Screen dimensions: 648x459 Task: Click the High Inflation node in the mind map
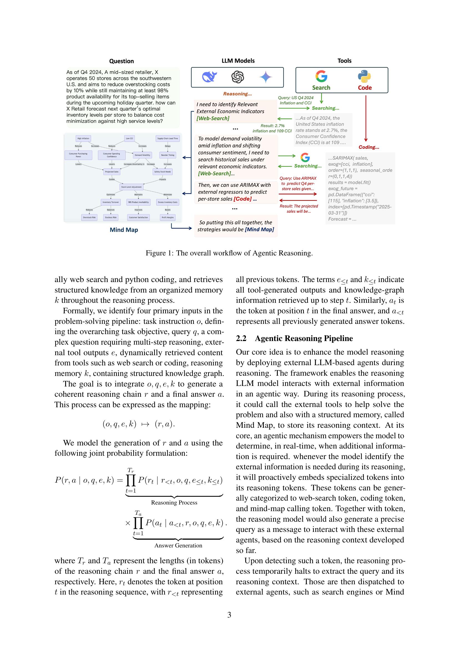pos(83,138)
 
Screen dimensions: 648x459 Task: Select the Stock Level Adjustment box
pos(131,187)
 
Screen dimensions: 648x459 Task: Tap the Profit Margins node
pos(168,217)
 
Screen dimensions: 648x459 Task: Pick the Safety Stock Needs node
pos(162,171)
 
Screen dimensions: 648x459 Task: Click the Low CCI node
pos(129,138)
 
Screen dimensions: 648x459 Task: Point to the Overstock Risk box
pos(89,217)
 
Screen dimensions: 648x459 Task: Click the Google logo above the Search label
pos(321,76)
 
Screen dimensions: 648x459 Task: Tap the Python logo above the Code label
pos(364,76)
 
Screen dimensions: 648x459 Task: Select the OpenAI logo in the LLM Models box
pos(238,77)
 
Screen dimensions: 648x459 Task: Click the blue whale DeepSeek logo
pos(210,77)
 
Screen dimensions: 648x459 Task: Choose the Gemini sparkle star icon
pos(266,77)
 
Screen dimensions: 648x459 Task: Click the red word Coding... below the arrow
pos(369,147)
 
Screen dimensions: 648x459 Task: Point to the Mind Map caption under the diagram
pos(124,230)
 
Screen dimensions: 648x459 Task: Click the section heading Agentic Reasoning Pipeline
pos(304,338)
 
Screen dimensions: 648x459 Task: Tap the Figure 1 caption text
pos(229,253)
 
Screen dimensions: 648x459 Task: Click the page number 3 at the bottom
pos(229,615)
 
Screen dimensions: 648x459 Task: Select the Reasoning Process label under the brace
pos(174,502)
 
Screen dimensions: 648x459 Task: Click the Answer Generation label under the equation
pos(178,545)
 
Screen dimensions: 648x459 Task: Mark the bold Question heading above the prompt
pos(122,61)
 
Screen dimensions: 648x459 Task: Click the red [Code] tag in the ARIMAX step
pos(243,199)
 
